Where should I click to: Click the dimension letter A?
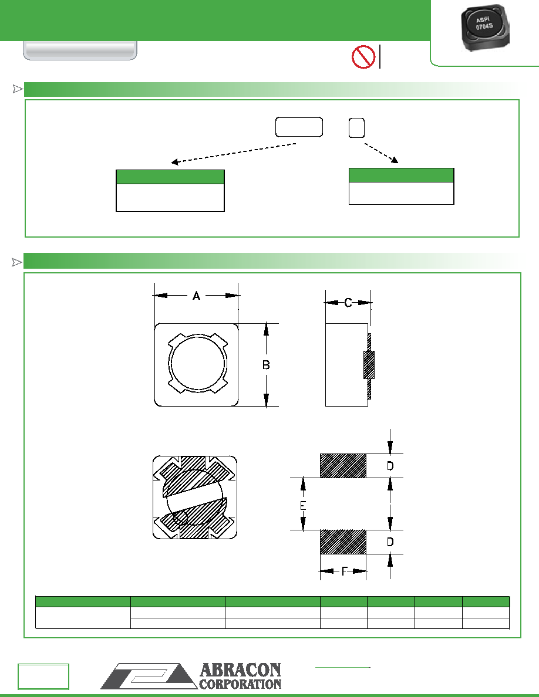pyautogui.click(x=197, y=296)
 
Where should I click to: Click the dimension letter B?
pyautogui.click(x=266, y=365)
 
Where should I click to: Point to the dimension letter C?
pyautogui.click(x=348, y=303)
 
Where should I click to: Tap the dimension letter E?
pyautogui.click(x=303, y=505)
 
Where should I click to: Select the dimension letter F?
pyautogui.click(x=343, y=571)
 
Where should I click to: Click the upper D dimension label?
pyautogui.click(x=390, y=466)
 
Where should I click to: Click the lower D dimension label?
pyautogui.click(x=390, y=542)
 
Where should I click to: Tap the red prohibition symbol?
pyautogui.click(x=363, y=57)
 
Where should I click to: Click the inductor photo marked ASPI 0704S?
pyautogui.click(x=483, y=28)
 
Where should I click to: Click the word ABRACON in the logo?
pyautogui.click(x=240, y=670)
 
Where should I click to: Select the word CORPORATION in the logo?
pyautogui.click(x=240, y=684)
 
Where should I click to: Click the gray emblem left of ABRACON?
pyautogui.click(x=149, y=676)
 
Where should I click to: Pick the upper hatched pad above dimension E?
pyautogui.click(x=343, y=466)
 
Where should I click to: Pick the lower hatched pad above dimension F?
pyautogui.click(x=343, y=542)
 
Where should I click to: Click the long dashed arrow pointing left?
pyautogui.click(x=234, y=153)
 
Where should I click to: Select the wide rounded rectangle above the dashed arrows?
pyautogui.click(x=299, y=127)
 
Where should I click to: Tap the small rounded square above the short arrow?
pyautogui.click(x=356, y=128)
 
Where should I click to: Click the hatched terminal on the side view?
pyautogui.click(x=369, y=365)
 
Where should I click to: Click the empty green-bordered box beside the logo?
pyautogui.click(x=43, y=676)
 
